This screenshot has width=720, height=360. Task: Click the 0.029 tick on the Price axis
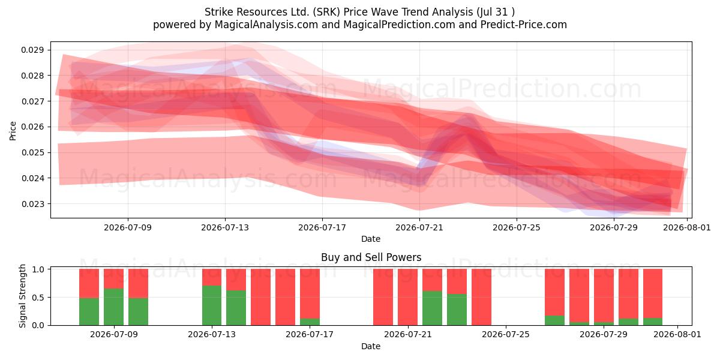coord(32,50)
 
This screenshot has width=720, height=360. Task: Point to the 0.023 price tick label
coord(32,204)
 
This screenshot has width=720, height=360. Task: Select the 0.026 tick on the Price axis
coord(32,127)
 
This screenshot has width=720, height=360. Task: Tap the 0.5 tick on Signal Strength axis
coord(38,298)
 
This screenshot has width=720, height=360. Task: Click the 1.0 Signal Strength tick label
coord(38,269)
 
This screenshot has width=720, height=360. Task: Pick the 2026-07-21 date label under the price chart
coord(419,227)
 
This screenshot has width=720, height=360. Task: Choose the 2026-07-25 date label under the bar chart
coord(506,334)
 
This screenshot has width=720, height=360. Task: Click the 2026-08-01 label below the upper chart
coord(687,227)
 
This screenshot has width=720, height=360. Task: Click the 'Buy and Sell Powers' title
coord(371,257)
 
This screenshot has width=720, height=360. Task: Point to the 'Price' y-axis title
coord(13,131)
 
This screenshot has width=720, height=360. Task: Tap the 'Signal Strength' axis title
coord(22,296)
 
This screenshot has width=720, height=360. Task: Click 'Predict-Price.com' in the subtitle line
coord(524,25)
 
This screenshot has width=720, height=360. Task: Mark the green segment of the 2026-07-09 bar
coord(114,307)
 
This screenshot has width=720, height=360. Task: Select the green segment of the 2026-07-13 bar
coord(212,305)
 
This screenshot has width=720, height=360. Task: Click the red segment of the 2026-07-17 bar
coord(310,294)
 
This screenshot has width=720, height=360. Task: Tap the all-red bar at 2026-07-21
coord(407,297)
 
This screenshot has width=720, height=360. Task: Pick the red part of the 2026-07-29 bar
coord(604,295)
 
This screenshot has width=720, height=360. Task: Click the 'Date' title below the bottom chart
coord(371,346)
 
